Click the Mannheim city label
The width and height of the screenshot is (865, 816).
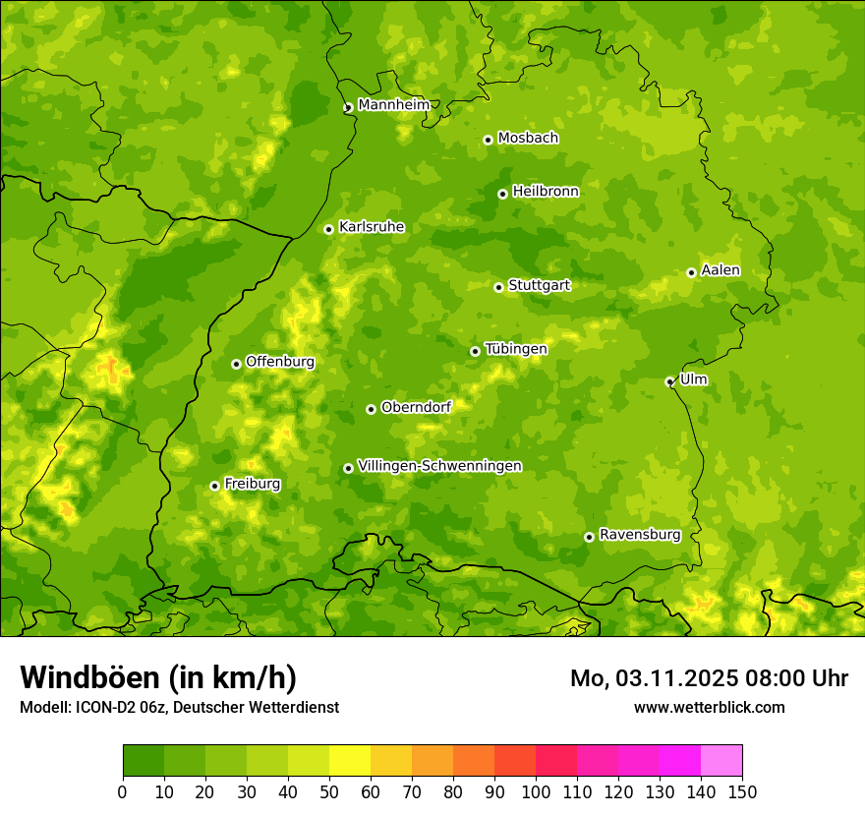tap(393, 105)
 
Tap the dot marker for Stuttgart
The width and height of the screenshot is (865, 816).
tap(498, 287)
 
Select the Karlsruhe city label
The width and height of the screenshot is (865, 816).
tap(372, 227)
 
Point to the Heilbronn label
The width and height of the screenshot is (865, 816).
tap(546, 192)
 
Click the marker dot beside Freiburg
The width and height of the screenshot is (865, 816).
tap(214, 486)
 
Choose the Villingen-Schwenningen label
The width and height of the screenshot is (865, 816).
tap(439, 466)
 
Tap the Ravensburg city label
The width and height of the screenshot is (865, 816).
tap(640, 535)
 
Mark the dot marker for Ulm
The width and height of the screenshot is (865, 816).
tap(669, 381)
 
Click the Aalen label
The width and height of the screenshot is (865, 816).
tap(721, 270)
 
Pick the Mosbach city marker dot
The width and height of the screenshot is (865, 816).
tap(488, 140)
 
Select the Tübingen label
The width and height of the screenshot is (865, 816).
tap(516, 349)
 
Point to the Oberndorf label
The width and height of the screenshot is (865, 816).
tap(416, 407)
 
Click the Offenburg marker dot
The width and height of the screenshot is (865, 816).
tap(236, 364)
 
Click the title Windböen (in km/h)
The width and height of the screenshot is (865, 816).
tap(157, 677)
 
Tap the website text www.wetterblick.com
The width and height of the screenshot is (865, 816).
tap(709, 707)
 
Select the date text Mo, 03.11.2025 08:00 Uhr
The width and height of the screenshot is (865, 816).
tap(709, 678)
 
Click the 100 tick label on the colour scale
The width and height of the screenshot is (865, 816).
tap(536, 791)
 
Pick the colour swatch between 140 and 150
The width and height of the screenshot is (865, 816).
tap(721, 761)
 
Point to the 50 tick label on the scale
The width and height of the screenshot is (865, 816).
tap(329, 791)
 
